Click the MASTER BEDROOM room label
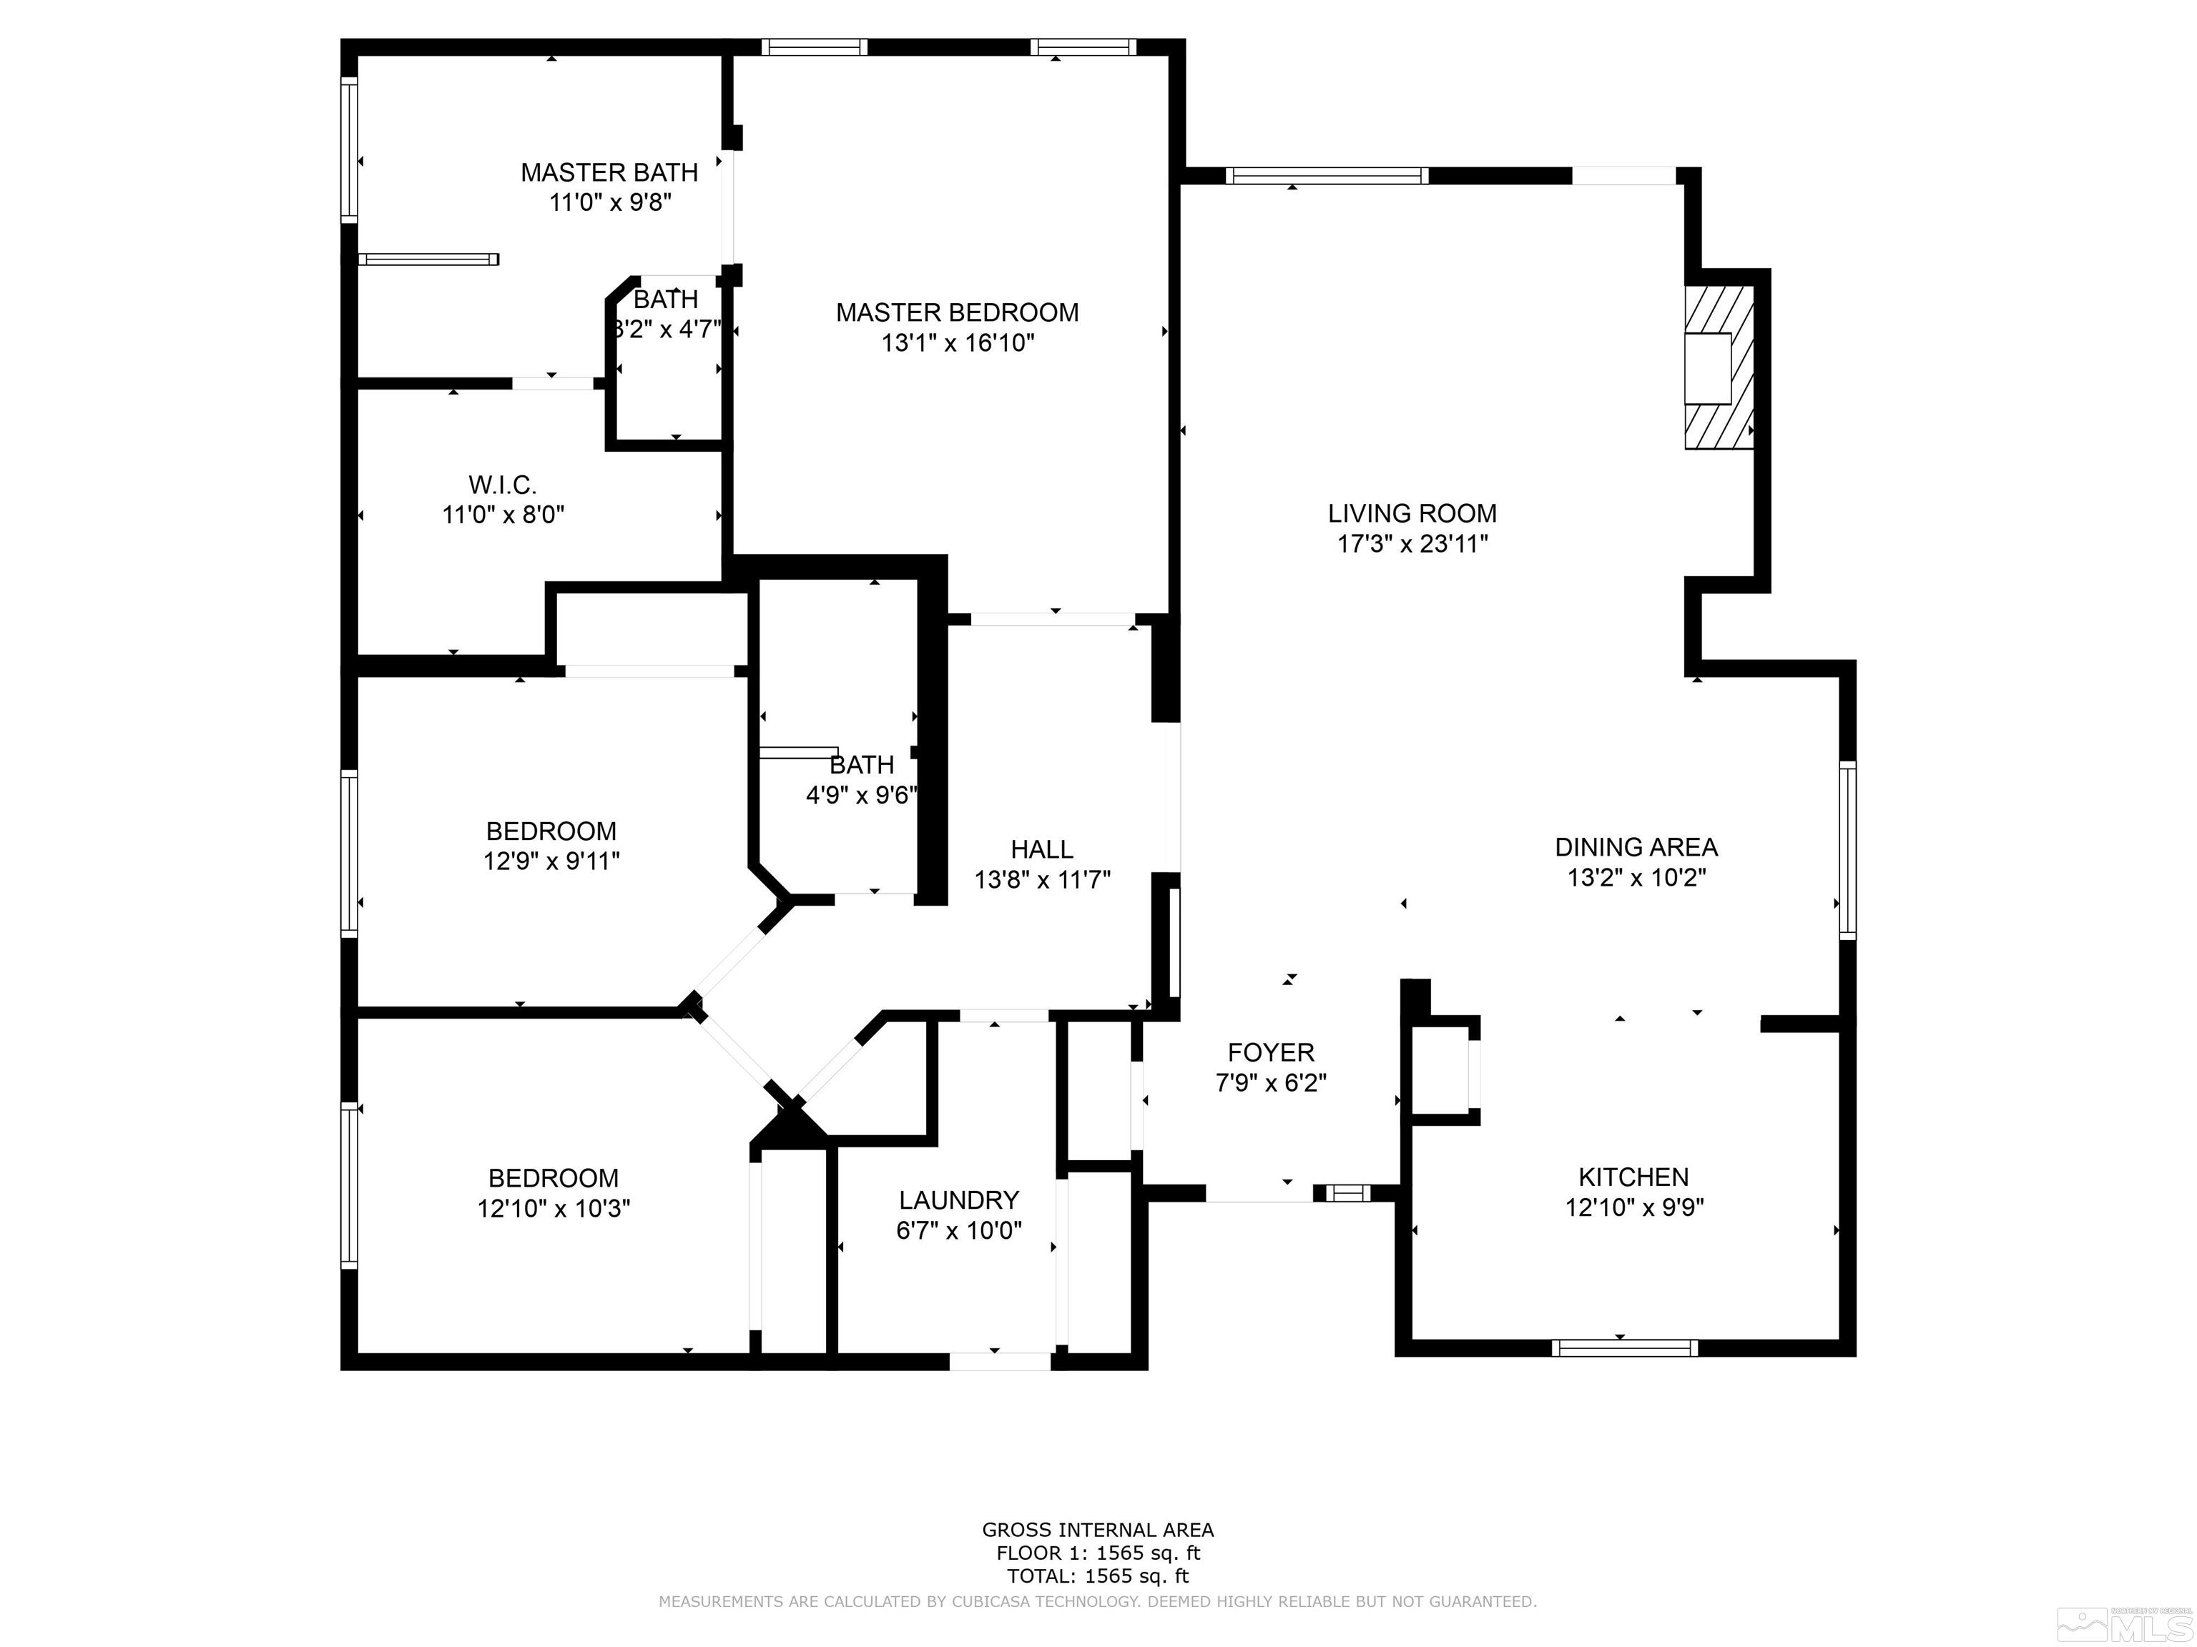[x=956, y=312]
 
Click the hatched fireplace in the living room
[x=1719, y=367]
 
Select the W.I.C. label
[x=503, y=485]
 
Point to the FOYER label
[x=1270, y=1052]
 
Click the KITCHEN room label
[x=1633, y=1177]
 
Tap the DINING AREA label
[x=1635, y=847]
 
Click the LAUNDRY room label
[x=958, y=1200]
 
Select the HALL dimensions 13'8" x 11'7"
[x=1042, y=879]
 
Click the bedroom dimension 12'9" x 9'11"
[x=551, y=861]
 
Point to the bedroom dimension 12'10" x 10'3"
[x=554, y=1208]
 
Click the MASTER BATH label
[x=609, y=173]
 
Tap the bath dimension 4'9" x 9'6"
[x=860, y=795]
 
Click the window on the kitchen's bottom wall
[x=1624, y=1347]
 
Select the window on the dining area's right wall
[x=1847, y=850]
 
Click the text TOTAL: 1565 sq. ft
[x=1098, y=1576]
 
